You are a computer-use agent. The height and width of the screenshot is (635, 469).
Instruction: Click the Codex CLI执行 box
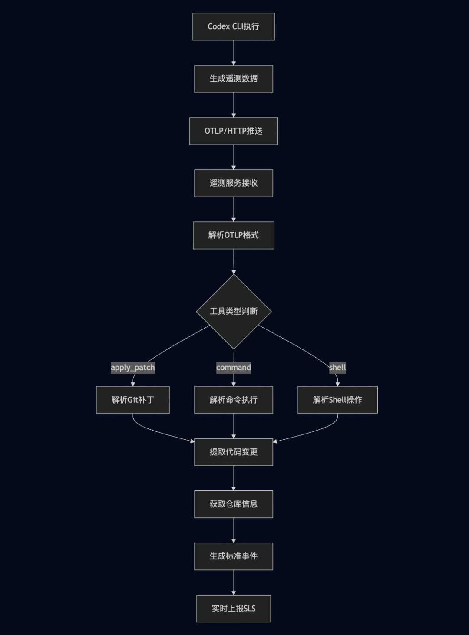[x=234, y=26]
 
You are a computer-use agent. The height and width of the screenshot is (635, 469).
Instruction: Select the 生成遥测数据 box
[x=234, y=79]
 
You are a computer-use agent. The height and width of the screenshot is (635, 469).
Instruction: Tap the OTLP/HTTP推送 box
[x=234, y=131]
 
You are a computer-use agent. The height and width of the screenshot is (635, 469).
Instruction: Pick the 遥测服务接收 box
[x=234, y=183]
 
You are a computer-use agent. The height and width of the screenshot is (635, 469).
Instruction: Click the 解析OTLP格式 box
[x=234, y=235]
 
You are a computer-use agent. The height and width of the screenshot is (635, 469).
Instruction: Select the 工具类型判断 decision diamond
[x=234, y=312]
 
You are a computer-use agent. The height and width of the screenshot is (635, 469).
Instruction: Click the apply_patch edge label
[x=133, y=368]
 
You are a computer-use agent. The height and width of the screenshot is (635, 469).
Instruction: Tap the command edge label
[x=234, y=368]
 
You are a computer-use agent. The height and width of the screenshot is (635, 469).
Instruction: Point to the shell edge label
[x=337, y=368]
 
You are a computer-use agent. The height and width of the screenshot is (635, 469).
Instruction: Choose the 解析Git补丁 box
[x=133, y=400]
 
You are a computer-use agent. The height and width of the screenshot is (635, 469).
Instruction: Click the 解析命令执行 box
[x=234, y=400]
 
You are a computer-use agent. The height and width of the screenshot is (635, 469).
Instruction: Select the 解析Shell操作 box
[x=337, y=400]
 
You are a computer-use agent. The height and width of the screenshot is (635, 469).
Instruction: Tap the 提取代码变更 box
[x=234, y=452]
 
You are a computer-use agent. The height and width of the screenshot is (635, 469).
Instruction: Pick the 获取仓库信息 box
[x=234, y=504]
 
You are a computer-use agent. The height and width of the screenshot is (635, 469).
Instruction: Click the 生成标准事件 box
[x=234, y=556]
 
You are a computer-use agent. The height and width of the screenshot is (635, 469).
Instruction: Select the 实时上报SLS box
[x=234, y=609]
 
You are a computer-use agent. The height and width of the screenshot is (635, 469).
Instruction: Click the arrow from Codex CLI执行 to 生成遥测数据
[x=234, y=53]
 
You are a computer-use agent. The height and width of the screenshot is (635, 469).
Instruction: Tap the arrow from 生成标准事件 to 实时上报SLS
[x=234, y=582]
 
